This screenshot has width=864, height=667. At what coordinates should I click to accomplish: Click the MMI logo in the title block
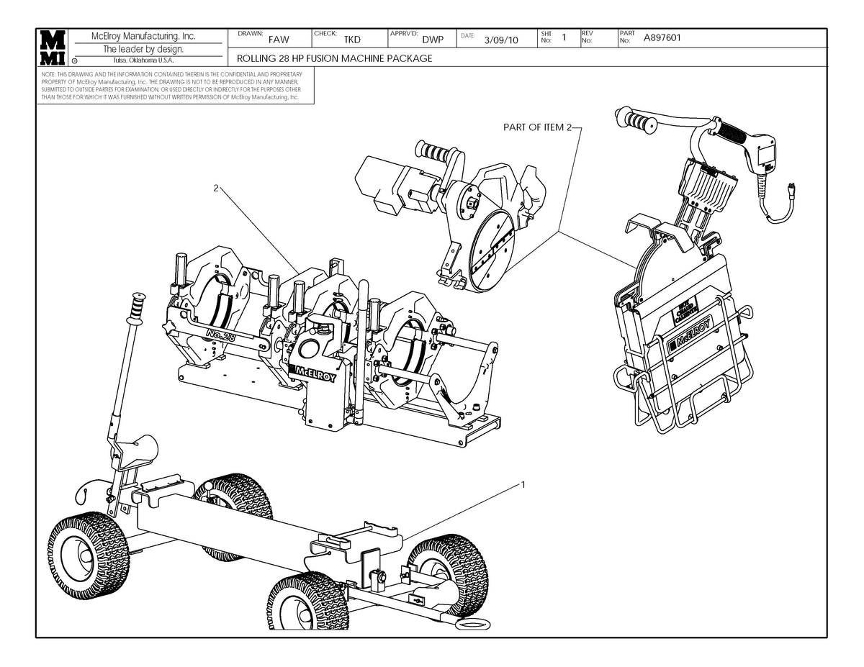(x=54, y=47)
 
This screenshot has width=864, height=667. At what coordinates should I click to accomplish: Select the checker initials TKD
(x=352, y=40)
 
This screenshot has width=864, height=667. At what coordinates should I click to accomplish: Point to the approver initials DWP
(x=432, y=40)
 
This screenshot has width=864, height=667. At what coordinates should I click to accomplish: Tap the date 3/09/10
(x=502, y=40)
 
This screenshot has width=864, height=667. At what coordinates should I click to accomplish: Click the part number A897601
(x=663, y=39)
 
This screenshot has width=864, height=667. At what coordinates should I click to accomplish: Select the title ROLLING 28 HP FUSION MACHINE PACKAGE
(x=335, y=58)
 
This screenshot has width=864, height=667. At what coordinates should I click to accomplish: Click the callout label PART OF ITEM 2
(x=537, y=127)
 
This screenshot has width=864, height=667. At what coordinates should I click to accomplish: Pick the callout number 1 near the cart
(x=523, y=484)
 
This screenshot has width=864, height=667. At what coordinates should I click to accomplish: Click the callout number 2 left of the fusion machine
(x=215, y=188)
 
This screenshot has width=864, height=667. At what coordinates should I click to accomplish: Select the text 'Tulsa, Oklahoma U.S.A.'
(x=143, y=60)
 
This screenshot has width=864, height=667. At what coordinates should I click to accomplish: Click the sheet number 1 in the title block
(x=564, y=37)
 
